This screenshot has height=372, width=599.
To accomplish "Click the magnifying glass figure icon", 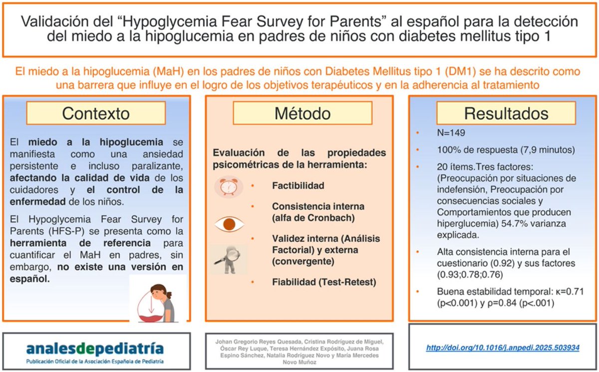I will [227, 258].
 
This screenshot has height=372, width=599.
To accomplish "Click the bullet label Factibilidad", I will [298, 186].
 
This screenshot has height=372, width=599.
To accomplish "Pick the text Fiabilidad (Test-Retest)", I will [324, 282].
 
